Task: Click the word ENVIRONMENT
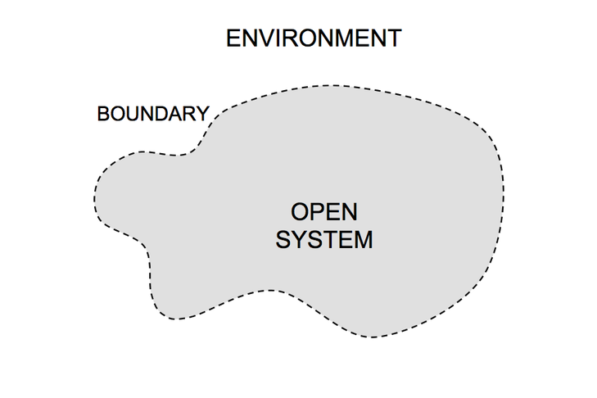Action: point(314,38)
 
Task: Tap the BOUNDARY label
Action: point(152,114)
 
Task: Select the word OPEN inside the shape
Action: point(324,213)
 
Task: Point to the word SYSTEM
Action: point(324,241)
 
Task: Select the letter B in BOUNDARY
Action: point(103,114)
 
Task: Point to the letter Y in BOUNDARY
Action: point(202,114)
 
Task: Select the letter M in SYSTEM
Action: point(363,241)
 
